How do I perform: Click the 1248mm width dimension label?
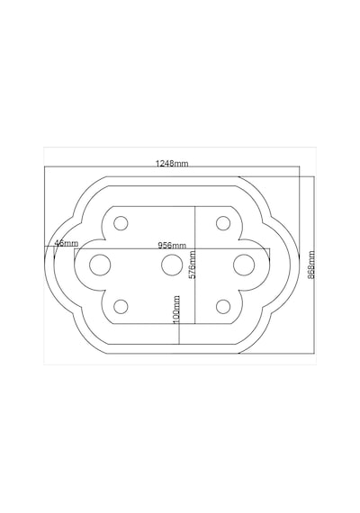pos(172,163)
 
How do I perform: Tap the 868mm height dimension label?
pos(311,265)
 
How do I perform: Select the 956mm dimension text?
pos(172,245)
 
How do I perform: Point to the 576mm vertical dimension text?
pos(193,265)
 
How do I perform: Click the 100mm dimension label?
pos(176,310)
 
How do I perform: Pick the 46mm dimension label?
pos(67,243)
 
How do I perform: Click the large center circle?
pos(172,265)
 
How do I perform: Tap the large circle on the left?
pos(100,265)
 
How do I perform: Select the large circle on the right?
pos(244,265)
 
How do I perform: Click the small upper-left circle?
pos(121,223)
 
